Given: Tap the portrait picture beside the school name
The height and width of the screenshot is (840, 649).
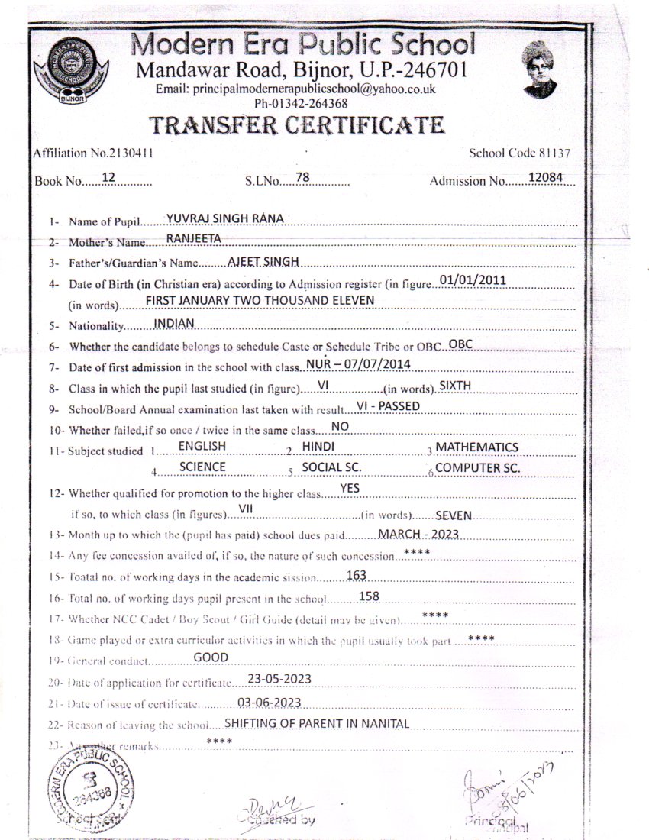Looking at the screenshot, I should pyautogui.click(x=540, y=69).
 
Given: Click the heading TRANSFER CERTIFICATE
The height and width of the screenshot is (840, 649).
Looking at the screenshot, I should pyautogui.click(x=295, y=124).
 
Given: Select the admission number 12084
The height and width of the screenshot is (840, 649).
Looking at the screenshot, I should pyautogui.click(x=540, y=178).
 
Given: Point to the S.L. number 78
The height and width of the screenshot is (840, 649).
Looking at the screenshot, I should pyautogui.click(x=302, y=178).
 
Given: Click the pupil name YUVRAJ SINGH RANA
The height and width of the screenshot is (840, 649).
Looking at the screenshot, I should pyautogui.click(x=225, y=218).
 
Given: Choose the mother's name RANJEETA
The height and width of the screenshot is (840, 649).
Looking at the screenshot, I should pyautogui.click(x=193, y=239).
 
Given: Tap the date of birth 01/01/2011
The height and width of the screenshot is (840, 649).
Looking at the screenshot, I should pyautogui.click(x=473, y=279).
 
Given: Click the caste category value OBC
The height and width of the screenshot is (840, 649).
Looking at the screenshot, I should pyautogui.click(x=461, y=344).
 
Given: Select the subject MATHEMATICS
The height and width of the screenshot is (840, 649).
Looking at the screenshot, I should pyautogui.click(x=476, y=447).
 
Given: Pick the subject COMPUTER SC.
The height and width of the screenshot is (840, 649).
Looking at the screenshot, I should pyautogui.click(x=478, y=468).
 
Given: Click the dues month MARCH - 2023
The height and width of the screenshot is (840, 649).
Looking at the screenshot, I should pyautogui.click(x=418, y=534).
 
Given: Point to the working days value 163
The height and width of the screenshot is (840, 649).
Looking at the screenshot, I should pyautogui.click(x=357, y=575).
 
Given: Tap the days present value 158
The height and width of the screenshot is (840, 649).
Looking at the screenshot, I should pyautogui.click(x=369, y=596).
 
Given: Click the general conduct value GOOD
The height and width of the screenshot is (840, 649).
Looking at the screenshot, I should pyautogui.click(x=211, y=657).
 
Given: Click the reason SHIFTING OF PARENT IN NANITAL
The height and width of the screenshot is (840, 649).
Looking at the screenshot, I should pyautogui.click(x=317, y=723).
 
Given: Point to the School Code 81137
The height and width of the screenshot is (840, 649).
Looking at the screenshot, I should pyautogui.click(x=520, y=153).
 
